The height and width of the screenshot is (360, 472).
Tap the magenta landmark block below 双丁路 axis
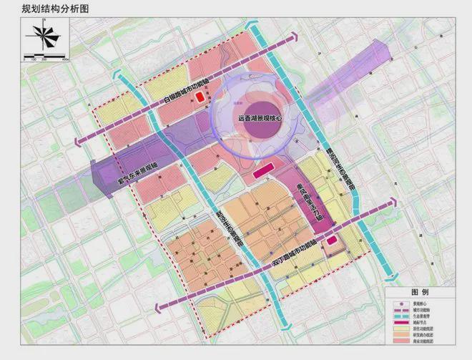(331, 240)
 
